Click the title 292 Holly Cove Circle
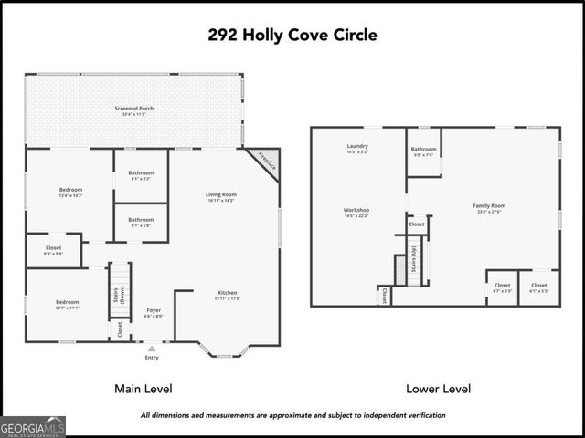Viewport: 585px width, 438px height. coord(292,36)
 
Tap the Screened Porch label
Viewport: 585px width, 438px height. coord(134,109)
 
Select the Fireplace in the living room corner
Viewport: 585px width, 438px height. coord(265,162)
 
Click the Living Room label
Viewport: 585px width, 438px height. coord(220,195)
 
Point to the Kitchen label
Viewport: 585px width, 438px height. coord(228,294)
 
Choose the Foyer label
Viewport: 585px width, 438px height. coord(154,311)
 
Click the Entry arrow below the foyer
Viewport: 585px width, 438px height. coord(152,349)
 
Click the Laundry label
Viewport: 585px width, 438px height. coord(357,148)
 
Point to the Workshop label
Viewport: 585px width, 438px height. coord(356,212)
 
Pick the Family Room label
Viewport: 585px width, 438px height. coord(489,207)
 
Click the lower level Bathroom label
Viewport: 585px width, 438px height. coord(423,150)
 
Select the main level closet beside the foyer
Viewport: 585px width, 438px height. coord(120,329)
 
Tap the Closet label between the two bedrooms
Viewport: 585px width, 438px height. coord(53,249)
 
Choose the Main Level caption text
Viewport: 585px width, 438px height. coord(144,389)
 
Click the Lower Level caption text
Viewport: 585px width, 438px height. coord(439,389)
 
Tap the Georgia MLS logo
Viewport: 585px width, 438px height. coord(33,426)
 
